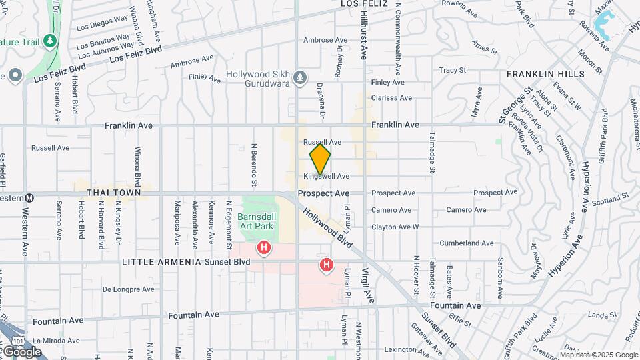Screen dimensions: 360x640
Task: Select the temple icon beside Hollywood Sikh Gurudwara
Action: [301, 78]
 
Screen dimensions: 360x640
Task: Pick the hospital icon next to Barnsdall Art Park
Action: [265, 249]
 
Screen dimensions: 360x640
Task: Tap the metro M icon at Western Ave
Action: [29, 198]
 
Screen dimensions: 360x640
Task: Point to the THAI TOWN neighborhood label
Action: [113, 193]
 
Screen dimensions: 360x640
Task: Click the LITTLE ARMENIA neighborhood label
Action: [161, 262]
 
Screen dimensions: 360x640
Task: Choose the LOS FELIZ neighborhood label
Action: [364, 4]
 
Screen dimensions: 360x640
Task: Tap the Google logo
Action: [23, 351]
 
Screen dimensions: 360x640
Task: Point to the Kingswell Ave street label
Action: [327, 176]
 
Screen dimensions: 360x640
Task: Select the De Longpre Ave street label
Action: [129, 289]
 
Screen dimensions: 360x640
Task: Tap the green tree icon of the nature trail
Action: [50, 41]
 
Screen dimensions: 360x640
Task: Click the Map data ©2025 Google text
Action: [598, 355]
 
